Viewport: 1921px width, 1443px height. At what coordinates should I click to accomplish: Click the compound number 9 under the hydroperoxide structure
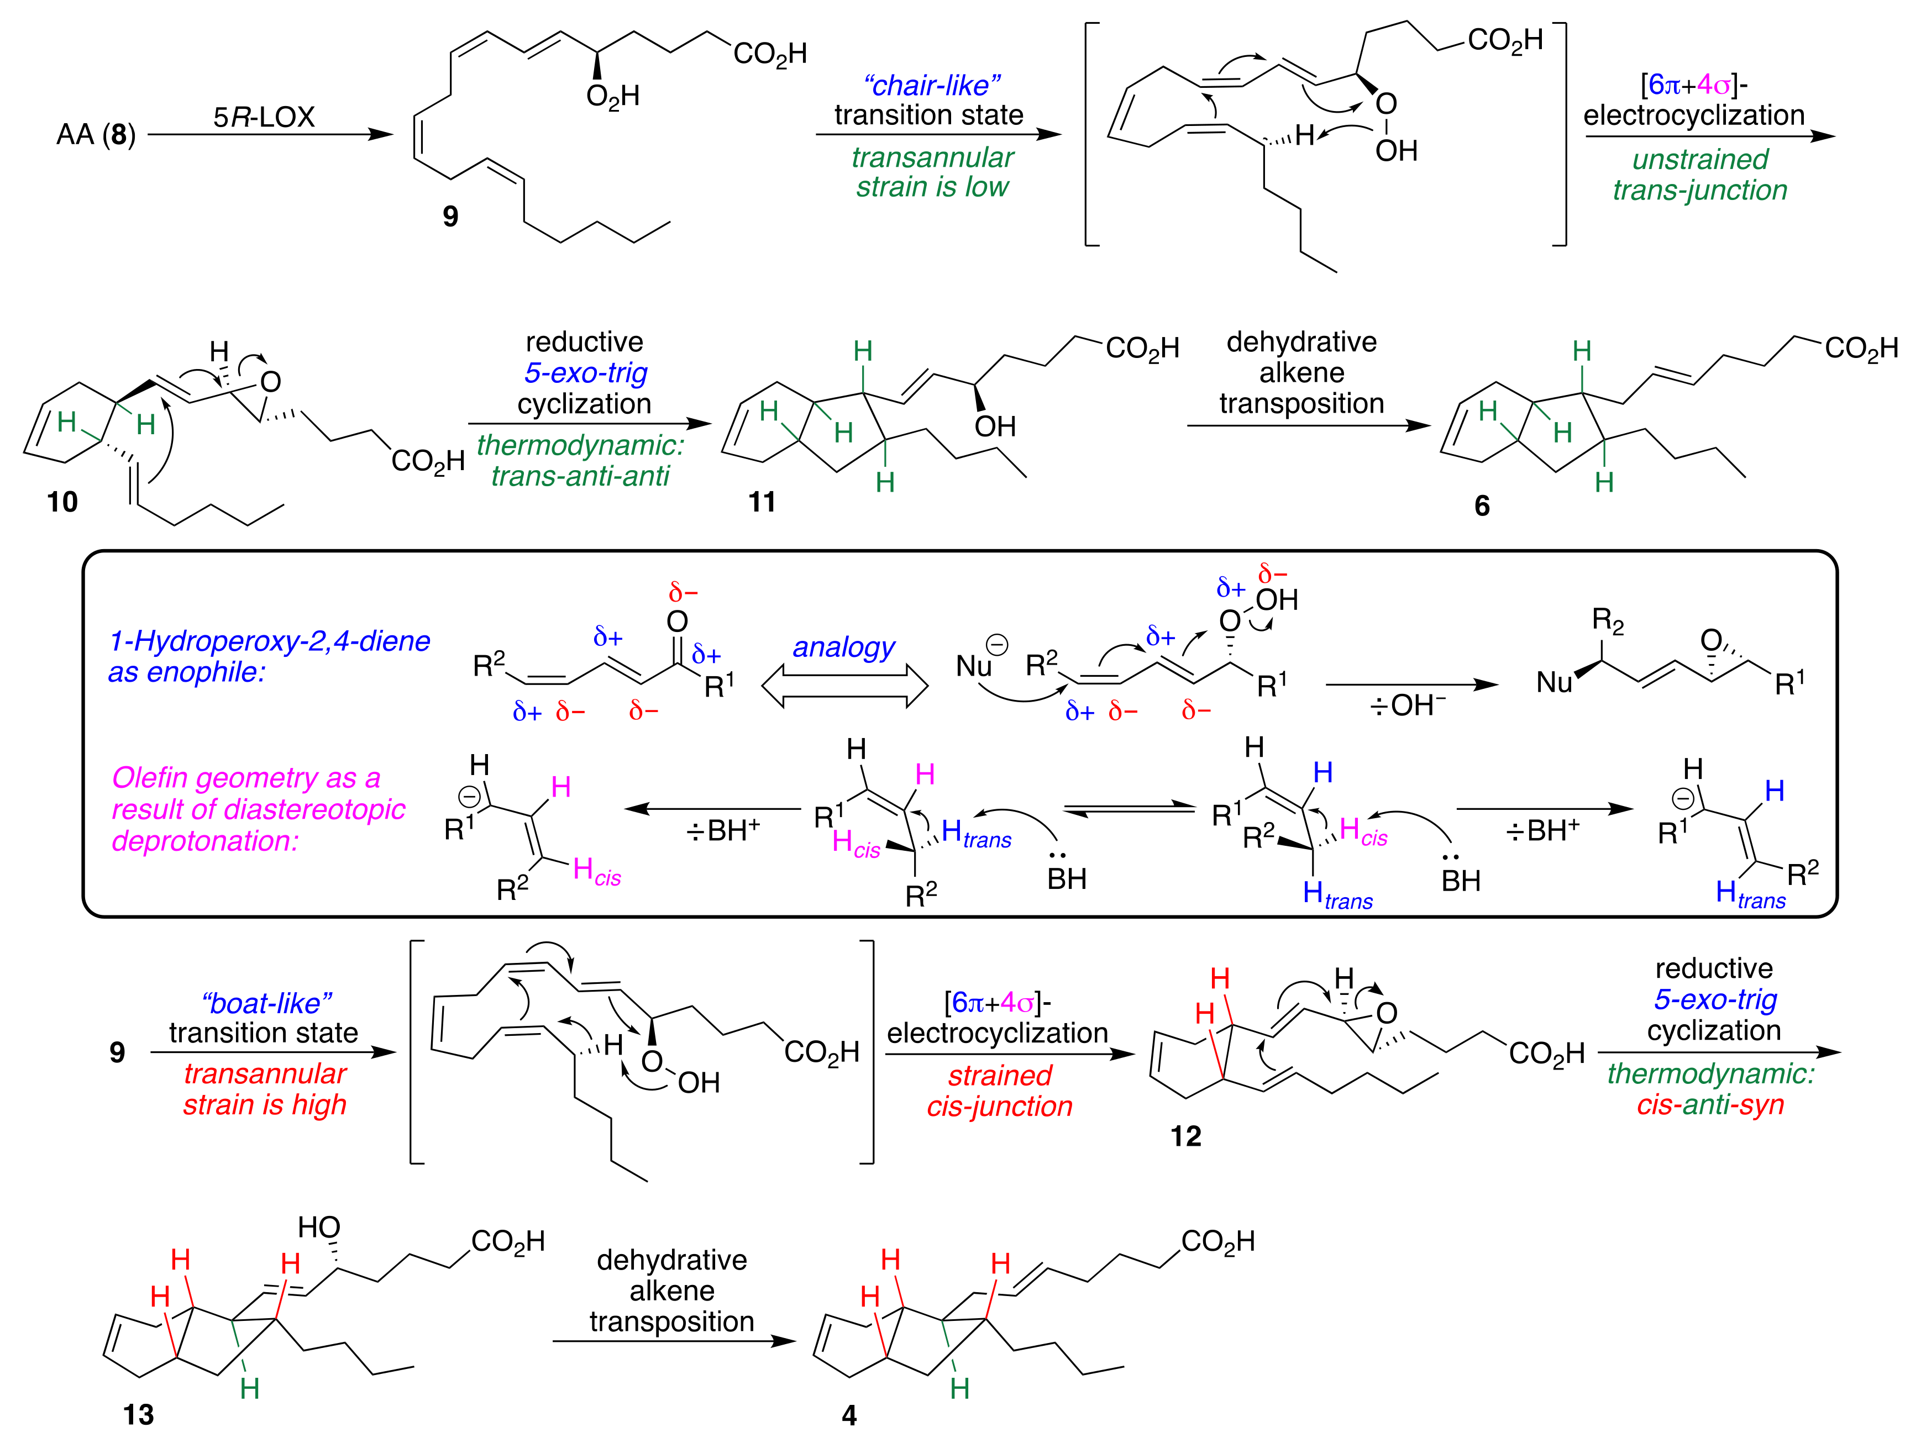(450, 215)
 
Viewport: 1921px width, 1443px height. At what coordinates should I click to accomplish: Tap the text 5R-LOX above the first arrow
(264, 117)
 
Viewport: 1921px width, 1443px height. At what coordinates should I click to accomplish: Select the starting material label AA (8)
(96, 135)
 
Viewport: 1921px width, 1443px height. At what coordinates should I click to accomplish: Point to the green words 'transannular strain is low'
(932, 172)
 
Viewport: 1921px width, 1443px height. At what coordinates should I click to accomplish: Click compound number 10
(62, 502)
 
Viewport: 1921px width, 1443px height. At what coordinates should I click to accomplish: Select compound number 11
(762, 502)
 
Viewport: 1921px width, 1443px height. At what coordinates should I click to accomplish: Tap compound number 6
(1482, 505)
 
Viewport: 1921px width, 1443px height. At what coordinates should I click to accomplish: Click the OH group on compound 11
(994, 426)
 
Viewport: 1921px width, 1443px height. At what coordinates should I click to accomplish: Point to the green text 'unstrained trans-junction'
(1699, 175)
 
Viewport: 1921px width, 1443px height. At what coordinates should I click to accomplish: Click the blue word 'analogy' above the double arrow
(843, 647)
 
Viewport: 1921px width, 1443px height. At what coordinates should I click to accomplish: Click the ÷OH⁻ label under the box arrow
(1407, 705)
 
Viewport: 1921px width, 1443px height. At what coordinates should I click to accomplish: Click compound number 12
(1185, 1136)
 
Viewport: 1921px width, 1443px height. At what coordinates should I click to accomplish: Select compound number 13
(138, 1414)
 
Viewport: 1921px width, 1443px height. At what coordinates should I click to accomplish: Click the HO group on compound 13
(319, 1227)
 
